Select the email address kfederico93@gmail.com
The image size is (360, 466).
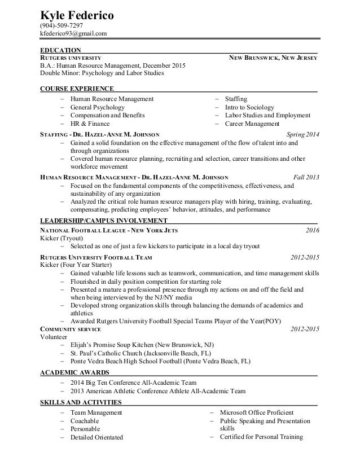click(73, 34)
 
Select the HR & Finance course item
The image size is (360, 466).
click(90, 124)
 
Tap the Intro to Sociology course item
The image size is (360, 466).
click(249, 107)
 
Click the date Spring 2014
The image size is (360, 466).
click(303, 135)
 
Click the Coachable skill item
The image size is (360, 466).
click(85, 421)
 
